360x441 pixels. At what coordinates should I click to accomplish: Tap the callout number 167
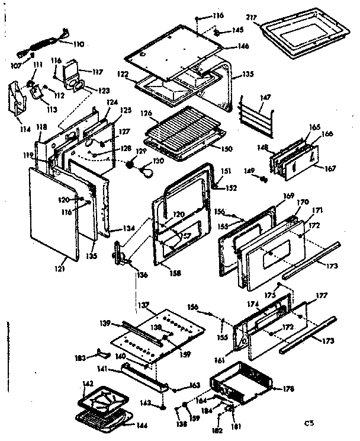[x=329, y=168]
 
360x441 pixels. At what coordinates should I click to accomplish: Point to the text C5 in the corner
[x=308, y=423]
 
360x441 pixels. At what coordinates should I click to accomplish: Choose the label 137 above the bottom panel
[x=142, y=305]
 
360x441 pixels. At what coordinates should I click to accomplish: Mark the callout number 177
[x=321, y=295]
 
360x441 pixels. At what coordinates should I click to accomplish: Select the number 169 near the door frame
[x=288, y=195]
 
